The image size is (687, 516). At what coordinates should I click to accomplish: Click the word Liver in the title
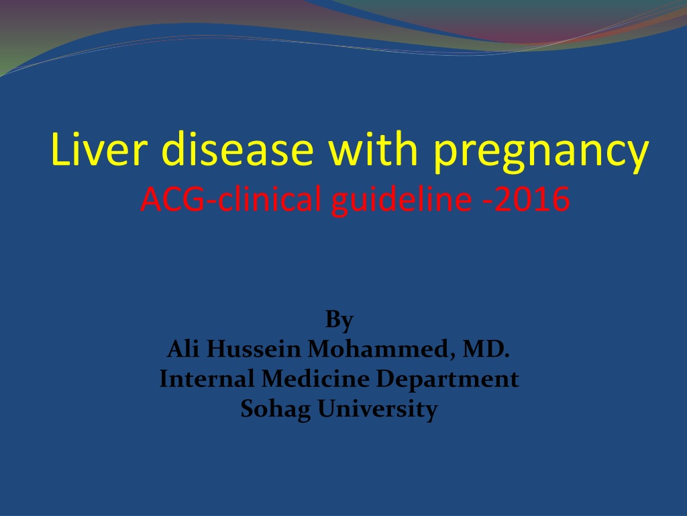pos(98,148)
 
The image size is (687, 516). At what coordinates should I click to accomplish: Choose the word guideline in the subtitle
pos(402,200)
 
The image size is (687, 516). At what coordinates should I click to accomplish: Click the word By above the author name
pos(339,320)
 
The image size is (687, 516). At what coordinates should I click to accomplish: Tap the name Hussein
pos(254,349)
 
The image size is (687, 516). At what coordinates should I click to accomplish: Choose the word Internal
pos(207,379)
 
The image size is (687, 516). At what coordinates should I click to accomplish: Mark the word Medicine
pos(315,379)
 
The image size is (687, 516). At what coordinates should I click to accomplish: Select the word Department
pos(447,380)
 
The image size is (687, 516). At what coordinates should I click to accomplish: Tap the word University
pos(378,409)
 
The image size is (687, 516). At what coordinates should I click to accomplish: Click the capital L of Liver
pos(60,148)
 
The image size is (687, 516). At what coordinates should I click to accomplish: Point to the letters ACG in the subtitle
pos(172,199)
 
